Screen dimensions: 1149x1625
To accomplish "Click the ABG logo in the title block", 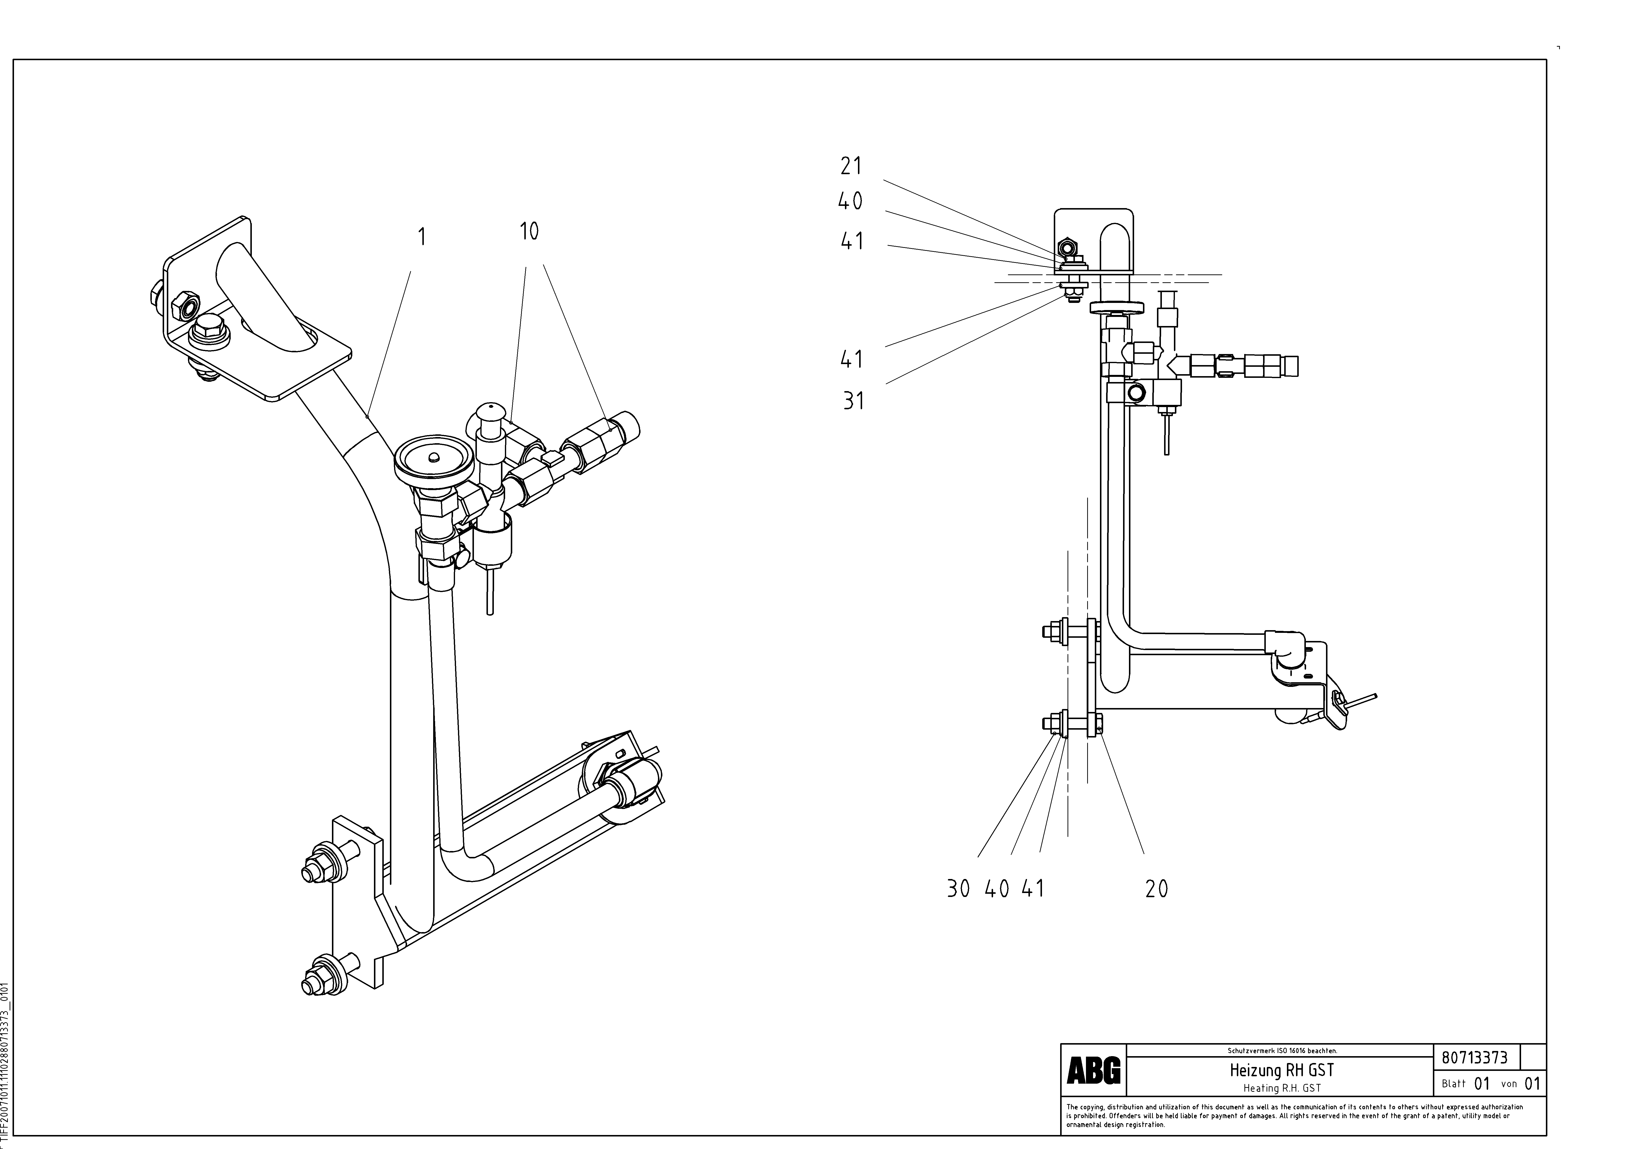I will (x=1094, y=1072).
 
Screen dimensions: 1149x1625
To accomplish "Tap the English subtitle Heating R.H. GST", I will (x=1282, y=1088).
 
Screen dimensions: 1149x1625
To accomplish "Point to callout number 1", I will (x=422, y=236).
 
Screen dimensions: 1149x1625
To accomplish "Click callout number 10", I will (x=529, y=231).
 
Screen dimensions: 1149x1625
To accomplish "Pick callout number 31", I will (x=854, y=401).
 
